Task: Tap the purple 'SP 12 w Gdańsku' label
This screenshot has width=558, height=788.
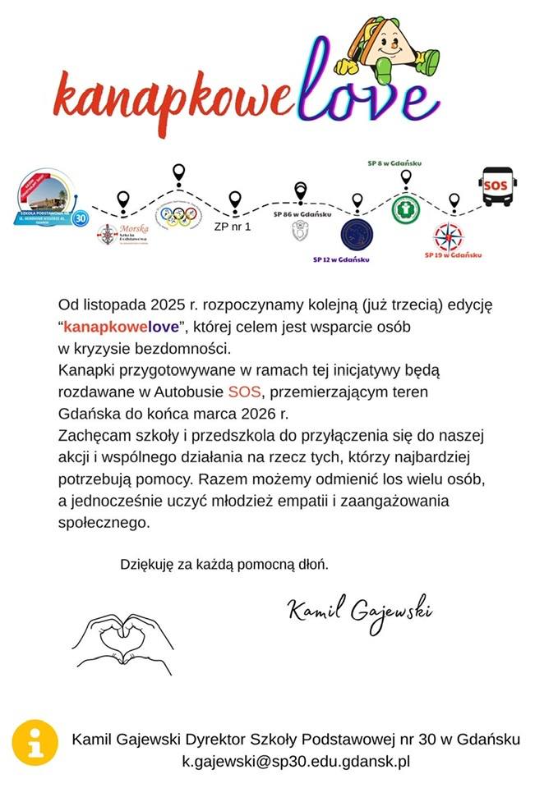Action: tap(341, 259)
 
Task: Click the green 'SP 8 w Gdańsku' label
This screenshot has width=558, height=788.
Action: tap(394, 163)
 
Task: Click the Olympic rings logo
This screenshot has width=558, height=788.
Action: tap(178, 216)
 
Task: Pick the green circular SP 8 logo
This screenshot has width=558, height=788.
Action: tap(404, 207)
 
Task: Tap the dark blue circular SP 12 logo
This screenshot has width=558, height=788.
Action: tap(356, 233)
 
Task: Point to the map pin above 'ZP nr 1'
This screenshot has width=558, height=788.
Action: tap(235, 199)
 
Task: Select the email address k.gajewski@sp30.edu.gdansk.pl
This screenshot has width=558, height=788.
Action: tap(296, 761)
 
